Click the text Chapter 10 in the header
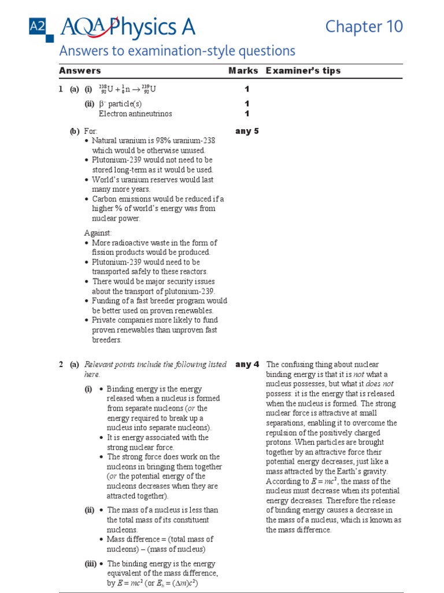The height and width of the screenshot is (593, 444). tap(364, 27)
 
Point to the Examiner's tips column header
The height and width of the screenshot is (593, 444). tap(303, 71)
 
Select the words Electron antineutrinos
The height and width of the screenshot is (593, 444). tap(135, 114)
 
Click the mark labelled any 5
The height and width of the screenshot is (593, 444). tap(247, 131)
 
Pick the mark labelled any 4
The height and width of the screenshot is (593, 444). tap(247, 365)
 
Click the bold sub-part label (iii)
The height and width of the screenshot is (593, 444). tap(91, 563)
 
